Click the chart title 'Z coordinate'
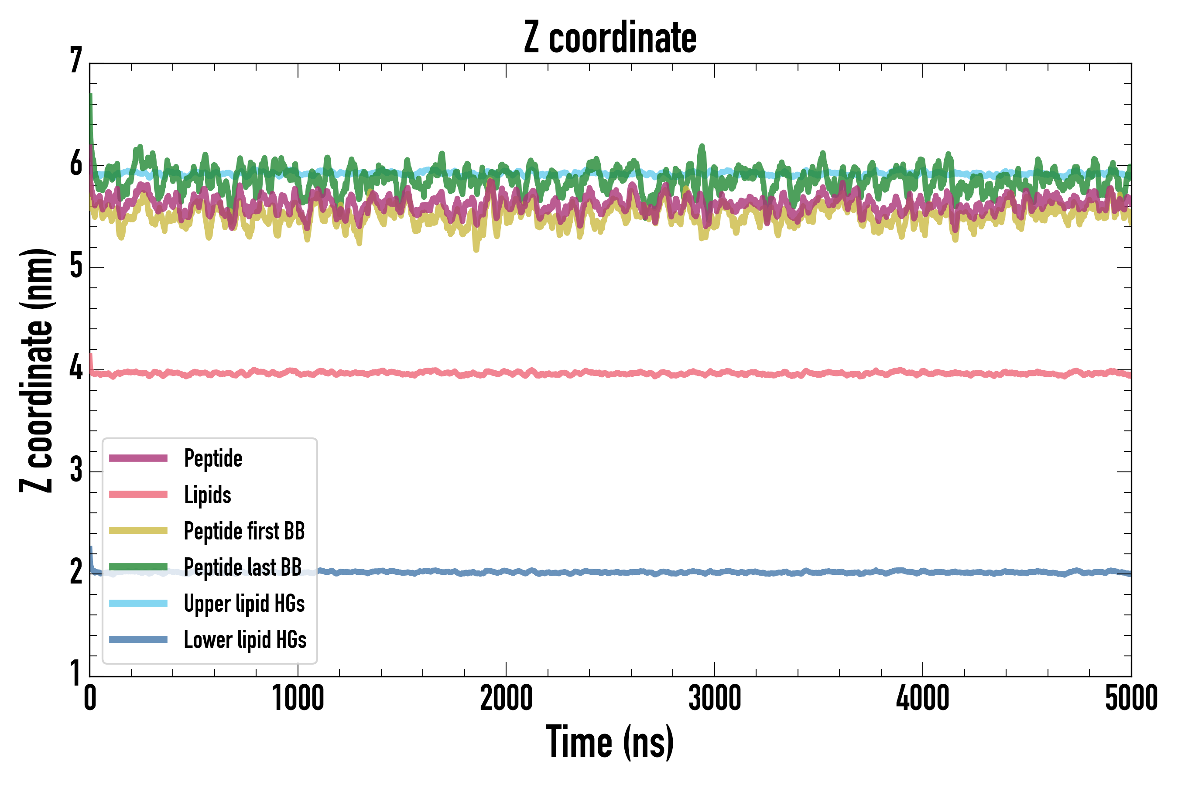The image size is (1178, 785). (610, 38)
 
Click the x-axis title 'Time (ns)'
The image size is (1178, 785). (610, 742)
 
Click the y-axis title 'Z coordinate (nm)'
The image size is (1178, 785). (36, 370)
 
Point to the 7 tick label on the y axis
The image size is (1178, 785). (76, 61)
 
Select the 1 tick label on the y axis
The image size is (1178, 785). (76, 673)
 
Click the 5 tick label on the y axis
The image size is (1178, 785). (76, 266)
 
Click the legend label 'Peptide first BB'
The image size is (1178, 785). (244, 531)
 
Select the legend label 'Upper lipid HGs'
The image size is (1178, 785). (244, 603)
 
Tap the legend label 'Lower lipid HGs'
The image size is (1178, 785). (245, 640)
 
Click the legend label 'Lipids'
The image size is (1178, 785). (208, 495)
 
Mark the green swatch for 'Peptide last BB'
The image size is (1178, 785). (138, 567)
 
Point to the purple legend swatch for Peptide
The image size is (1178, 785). (138, 458)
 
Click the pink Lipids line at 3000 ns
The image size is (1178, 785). (714, 373)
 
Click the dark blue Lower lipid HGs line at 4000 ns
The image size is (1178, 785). (923, 572)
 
